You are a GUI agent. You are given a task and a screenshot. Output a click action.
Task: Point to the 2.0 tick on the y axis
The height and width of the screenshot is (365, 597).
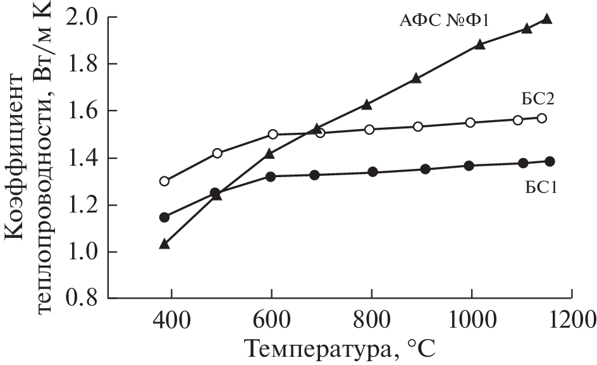[x=83, y=17]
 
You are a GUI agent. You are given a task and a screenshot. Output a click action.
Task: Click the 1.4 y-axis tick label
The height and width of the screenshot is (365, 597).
[x=83, y=158]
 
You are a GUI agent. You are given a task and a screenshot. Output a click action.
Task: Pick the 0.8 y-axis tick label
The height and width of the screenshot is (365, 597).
[x=83, y=299]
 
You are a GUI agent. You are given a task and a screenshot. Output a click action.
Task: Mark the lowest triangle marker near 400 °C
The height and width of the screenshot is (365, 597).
[x=164, y=244]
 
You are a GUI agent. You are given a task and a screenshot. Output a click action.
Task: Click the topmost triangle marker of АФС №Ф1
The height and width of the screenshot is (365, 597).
[x=547, y=18]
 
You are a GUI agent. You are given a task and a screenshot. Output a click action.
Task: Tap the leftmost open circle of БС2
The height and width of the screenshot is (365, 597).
[x=164, y=181]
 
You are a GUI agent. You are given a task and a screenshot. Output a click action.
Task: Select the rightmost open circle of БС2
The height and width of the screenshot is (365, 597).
[x=541, y=118]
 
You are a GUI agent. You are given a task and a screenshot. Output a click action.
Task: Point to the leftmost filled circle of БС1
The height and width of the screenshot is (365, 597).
[x=164, y=217]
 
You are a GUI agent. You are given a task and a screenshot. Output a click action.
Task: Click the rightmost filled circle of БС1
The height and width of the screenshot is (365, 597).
[x=550, y=161]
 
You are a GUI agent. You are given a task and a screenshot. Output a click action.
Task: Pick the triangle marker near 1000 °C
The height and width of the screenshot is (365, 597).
[x=480, y=44]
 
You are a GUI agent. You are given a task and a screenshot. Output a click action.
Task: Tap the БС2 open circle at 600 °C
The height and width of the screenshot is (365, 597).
[x=273, y=134]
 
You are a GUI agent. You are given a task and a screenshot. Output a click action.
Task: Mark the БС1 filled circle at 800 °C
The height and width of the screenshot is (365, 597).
[x=372, y=171]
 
